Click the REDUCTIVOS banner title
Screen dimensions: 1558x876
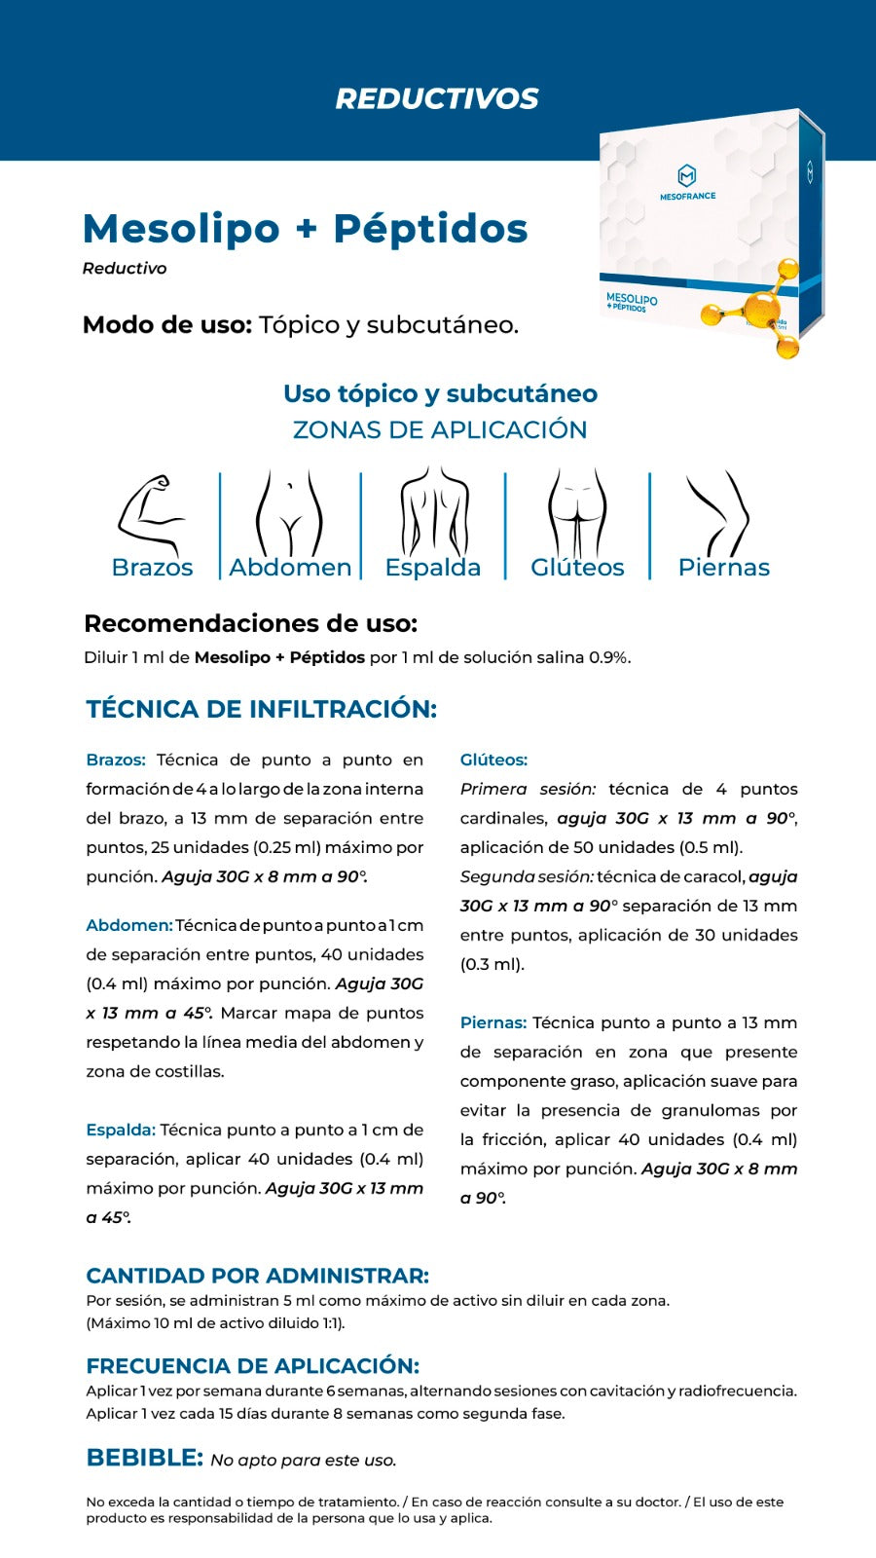(437, 98)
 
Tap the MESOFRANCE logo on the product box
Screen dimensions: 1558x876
(687, 182)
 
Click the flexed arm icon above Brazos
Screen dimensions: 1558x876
(150, 514)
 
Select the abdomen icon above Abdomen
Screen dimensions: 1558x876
(289, 514)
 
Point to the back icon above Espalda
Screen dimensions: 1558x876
(433, 512)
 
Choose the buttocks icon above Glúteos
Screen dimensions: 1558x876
(577, 513)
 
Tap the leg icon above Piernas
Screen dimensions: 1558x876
(719, 513)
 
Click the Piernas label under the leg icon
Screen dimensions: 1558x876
(723, 568)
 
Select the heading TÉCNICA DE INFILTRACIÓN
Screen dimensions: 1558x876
(261, 709)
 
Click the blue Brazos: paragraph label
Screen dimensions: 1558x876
(116, 760)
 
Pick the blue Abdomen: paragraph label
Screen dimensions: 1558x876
(128, 926)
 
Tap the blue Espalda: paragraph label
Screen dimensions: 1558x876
(121, 1131)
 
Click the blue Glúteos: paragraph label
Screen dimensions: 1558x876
(493, 760)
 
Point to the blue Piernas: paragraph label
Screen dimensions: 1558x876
(493, 1023)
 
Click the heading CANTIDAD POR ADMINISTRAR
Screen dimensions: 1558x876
(257, 1276)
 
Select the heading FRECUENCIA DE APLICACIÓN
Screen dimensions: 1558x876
(252, 1365)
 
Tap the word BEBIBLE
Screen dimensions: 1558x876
(144, 1458)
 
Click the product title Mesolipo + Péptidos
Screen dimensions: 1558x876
(305, 229)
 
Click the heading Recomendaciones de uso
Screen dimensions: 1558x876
(250, 623)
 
